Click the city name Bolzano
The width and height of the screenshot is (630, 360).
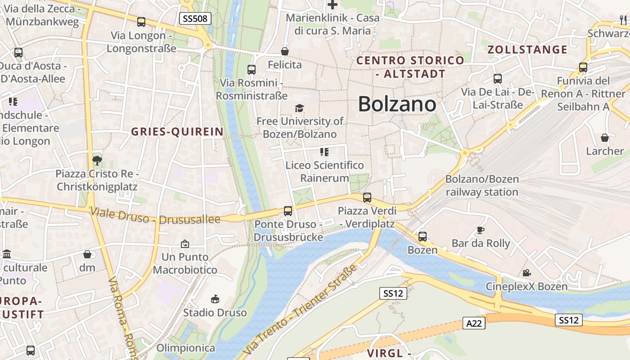point(397,104)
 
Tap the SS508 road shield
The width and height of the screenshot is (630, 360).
point(195,18)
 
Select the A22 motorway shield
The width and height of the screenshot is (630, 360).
point(474,323)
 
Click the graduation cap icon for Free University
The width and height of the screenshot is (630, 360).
point(299,108)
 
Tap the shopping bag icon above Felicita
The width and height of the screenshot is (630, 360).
point(284,52)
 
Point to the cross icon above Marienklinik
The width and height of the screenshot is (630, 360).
point(333,5)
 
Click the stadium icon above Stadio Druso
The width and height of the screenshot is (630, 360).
point(215,299)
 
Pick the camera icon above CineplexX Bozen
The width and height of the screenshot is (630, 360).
point(526,273)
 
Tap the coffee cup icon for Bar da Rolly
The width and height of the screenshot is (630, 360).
point(481,230)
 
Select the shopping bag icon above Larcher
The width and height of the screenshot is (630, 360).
point(605,138)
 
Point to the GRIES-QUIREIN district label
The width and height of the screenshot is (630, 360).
point(177,131)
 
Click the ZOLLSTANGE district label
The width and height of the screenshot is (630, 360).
point(527,49)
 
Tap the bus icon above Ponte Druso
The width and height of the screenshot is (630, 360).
point(288,211)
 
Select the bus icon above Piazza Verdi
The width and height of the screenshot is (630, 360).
point(367,197)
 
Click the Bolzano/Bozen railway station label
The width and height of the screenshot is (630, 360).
point(482,185)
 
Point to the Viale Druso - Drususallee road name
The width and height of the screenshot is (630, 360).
point(155,216)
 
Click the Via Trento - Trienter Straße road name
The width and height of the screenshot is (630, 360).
point(300,310)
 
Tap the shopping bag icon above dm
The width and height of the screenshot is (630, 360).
point(87,254)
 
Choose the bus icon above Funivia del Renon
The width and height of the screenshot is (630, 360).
point(583,67)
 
